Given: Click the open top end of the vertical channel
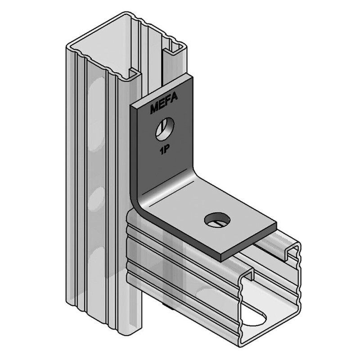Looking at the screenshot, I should (126, 49).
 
